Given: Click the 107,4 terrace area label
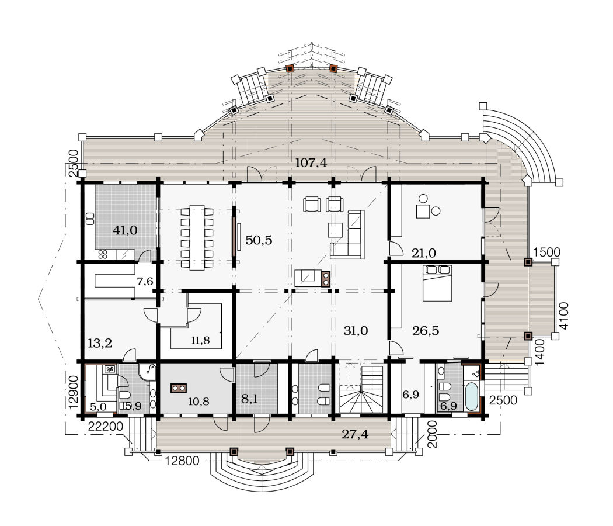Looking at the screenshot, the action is pos(311,162).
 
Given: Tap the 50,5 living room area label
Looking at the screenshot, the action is pos(259,240).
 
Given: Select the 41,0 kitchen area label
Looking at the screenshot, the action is pos(125,230).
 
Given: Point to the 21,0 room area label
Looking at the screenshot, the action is pos(424,253).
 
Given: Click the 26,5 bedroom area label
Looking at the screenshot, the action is pos(426,330).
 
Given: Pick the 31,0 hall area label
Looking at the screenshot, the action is pos(356,331).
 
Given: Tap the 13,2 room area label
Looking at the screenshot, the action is pos(100,343).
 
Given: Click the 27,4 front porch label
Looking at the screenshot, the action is pos(355,434).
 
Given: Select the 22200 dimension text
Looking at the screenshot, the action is pos(105,426).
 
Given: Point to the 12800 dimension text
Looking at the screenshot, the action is pos(182,461).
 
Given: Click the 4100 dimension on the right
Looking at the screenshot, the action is pos(564,316).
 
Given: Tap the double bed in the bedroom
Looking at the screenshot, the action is pos(437,283).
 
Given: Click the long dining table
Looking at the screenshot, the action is pos(197,237).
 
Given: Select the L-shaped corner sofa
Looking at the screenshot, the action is pos(348,235).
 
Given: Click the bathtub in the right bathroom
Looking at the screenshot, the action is pos(472,396).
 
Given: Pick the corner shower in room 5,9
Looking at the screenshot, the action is pos(147,371).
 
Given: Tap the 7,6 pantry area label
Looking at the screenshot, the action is pos(145,281).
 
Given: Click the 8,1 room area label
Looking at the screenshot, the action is pos(249,399).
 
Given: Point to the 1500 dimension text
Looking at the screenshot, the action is pos(546,252).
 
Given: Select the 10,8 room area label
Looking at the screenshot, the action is pos(198,401).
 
